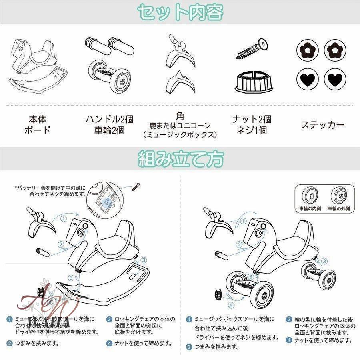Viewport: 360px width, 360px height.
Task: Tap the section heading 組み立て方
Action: click(180, 159)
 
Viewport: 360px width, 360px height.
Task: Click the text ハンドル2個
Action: click(109, 119)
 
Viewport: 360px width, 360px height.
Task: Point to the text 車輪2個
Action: click(109, 130)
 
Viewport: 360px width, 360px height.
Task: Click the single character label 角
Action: click(180, 116)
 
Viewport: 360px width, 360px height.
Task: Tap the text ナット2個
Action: click(252, 119)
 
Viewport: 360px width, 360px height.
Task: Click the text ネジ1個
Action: click(252, 130)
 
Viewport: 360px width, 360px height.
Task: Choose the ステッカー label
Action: click(322, 125)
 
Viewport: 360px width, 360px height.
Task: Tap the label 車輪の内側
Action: click(311, 208)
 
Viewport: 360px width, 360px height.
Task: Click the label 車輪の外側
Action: click(338, 208)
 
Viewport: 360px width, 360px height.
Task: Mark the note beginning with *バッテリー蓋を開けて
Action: click(50, 190)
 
